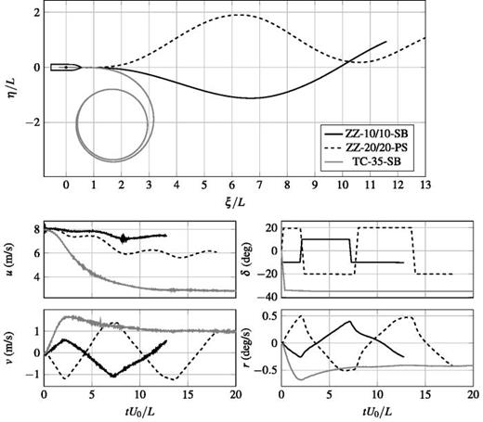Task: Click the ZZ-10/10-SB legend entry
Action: (x=377, y=131)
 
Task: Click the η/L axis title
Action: (x=10, y=87)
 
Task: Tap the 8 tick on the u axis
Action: (x=34, y=228)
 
